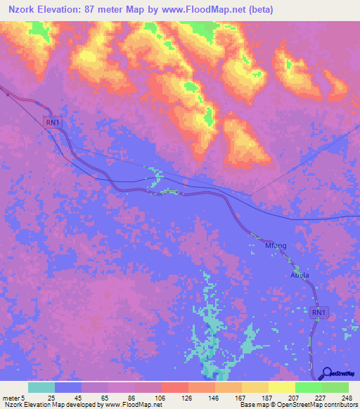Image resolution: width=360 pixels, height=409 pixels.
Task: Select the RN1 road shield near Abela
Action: point(319,312)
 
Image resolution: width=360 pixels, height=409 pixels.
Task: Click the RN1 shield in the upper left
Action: point(52,122)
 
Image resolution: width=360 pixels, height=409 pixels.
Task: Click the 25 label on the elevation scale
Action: point(51,396)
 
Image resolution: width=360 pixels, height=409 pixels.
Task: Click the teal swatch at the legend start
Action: point(41,387)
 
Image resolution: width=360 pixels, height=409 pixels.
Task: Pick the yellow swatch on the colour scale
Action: point(281,387)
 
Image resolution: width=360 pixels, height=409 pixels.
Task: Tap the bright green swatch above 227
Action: point(308,387)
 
